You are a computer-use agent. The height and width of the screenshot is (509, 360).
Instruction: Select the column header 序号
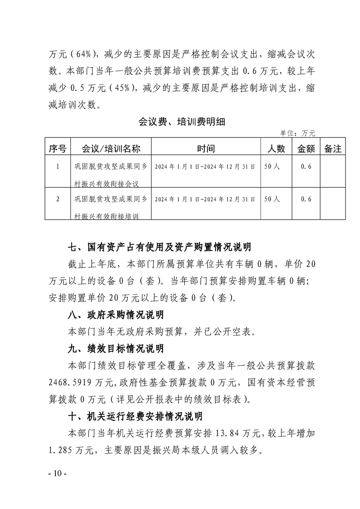(x=58, y=148)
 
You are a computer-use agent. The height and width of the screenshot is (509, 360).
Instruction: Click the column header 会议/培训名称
(x=110, y=148)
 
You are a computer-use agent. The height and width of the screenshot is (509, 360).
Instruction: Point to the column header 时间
(x=205, y=148)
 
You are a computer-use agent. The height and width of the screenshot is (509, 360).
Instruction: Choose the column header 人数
(x=275, y=148)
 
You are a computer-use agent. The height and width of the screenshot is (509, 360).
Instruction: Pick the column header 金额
(x=306, y=148)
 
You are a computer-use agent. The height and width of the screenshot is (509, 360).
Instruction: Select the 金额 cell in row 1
(x=306, y=166)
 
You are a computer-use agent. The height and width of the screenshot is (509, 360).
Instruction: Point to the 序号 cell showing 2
(x=58, y=199)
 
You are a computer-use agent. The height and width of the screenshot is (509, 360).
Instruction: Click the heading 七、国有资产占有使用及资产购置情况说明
(x=159, y=248)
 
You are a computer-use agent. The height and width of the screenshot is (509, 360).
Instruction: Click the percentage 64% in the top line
(x=86, y=54)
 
